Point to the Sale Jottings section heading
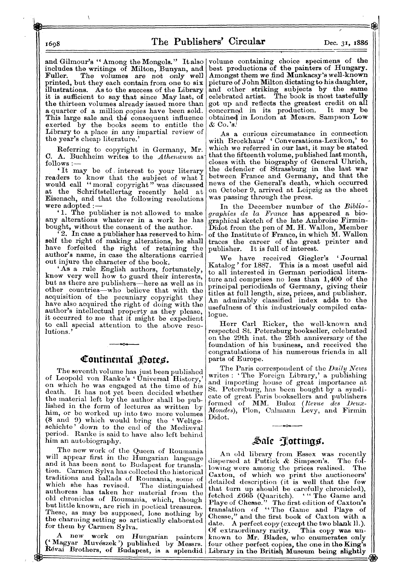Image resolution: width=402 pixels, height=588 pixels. pos(287,442)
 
